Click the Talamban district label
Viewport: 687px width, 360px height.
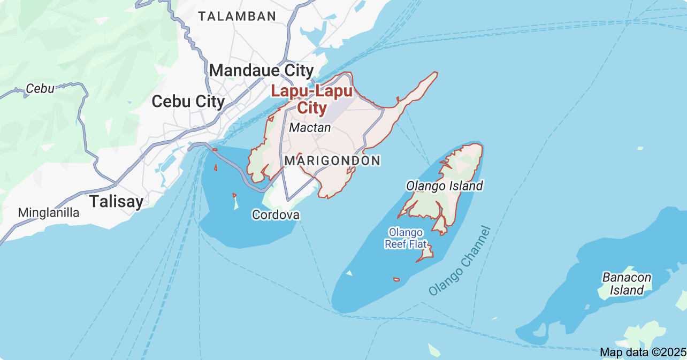(237, 16)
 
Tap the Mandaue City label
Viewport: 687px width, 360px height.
(261, 70)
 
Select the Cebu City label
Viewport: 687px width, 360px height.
(188, 101)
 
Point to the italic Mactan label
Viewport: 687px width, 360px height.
(310, 128)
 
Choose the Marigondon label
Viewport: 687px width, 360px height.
(332, 160)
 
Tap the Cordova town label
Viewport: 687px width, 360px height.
(276, 215)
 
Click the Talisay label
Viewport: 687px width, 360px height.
(116, 202)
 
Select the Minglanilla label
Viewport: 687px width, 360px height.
(48, 213)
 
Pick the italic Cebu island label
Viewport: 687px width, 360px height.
(40, 89)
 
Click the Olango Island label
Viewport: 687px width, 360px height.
(444, 186)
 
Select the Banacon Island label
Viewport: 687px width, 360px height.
(627, 284)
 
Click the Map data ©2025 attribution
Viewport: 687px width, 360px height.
(642, 353)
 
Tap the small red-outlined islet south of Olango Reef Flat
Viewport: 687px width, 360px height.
(396, 279)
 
